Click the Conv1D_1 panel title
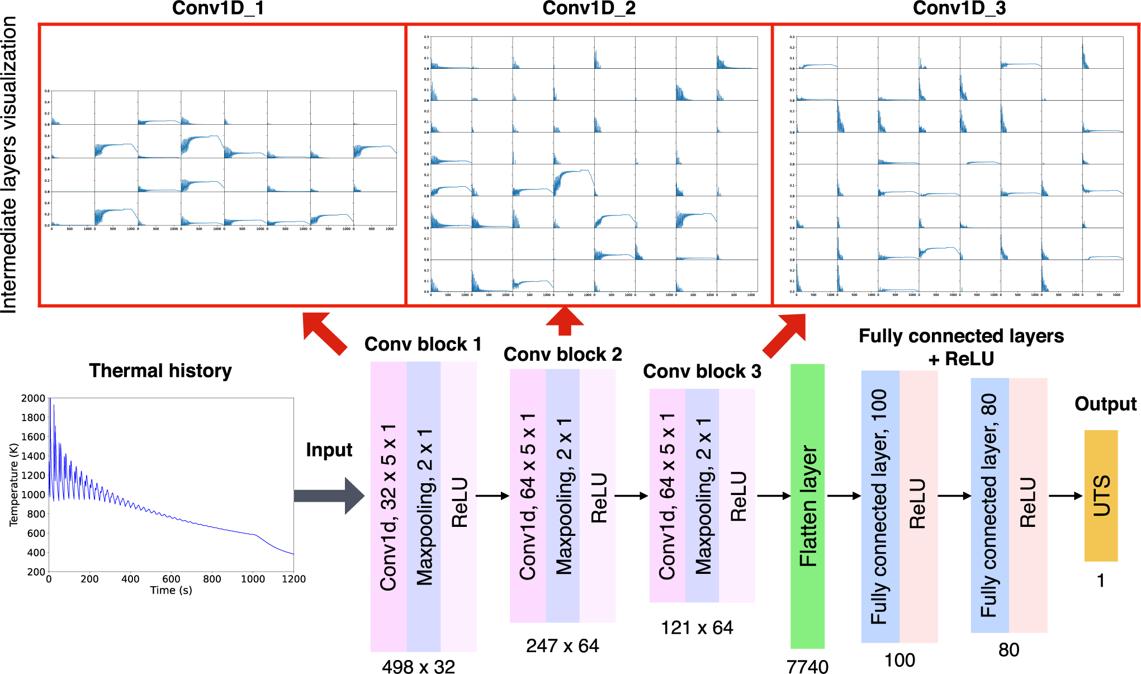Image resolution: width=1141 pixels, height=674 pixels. tap(217, 8)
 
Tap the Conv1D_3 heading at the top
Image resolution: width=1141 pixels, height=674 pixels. tap(959, 8)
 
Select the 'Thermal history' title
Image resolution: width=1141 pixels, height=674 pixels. tap(160, 370)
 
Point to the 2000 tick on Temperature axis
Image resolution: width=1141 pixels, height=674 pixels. tap(33, 398)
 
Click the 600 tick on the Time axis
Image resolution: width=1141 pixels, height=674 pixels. tap(171, 579)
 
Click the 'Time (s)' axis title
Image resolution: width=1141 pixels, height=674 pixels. tap(171, 590)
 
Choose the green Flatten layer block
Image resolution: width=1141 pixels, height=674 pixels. tap(807, 506)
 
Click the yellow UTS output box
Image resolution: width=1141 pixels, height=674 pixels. tap(1101, 496)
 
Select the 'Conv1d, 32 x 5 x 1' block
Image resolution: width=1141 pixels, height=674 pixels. tap(389, 506)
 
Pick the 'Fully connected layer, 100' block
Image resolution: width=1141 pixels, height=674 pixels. tap(880, 506)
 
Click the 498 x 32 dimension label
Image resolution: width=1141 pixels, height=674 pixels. tap(418, 666)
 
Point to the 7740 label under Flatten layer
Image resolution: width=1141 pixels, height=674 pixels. tap(807, 666)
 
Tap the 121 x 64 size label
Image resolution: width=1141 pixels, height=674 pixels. tap(697, 628)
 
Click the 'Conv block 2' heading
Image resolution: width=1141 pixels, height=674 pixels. tap(562, 354)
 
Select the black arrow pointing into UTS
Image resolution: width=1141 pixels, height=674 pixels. tap(1066, 496)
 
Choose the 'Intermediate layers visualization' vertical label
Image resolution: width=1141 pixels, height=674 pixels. tap(10, 165)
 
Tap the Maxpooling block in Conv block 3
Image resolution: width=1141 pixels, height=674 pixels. tap(702, 496)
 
